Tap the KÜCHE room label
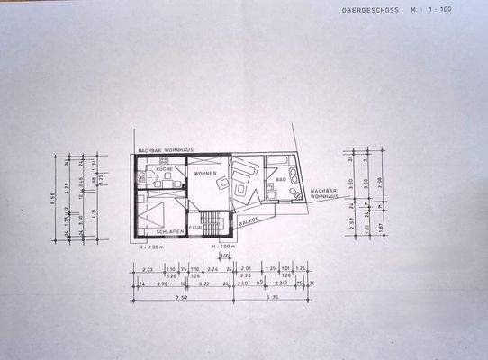[x=164, y=169]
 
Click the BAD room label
[x=281, y=179]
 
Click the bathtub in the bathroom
[x=275, y=164]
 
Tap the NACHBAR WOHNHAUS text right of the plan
[x=324, y=194]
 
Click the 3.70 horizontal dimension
[x=163, y=283]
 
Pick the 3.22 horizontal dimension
[x=203, y=283]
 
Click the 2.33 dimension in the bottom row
[x=147, y=268]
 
